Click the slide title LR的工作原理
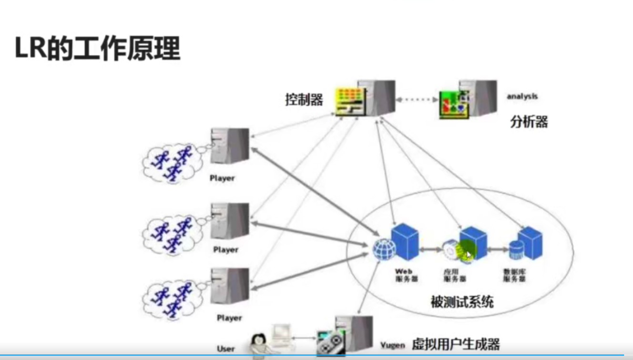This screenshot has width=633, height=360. click(x=98, y=48)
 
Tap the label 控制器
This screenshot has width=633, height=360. click(x=304, y=100)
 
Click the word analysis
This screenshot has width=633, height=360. click(x=522, y=96)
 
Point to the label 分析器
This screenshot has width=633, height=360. click(x=529, y=122)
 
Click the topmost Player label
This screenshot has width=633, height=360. click(x=222, y=178)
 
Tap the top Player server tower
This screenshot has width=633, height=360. click(x=230, y=146)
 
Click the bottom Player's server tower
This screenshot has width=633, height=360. click(x=230, y=286)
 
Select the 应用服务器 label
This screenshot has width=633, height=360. click(x=455, y=275)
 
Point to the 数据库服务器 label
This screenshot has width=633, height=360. click(x=515, y=275)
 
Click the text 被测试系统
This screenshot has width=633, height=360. click(x=462, y=302)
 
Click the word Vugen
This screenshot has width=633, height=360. click(x=392, y=345)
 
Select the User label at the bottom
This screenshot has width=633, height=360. click(x=226, y=349)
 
